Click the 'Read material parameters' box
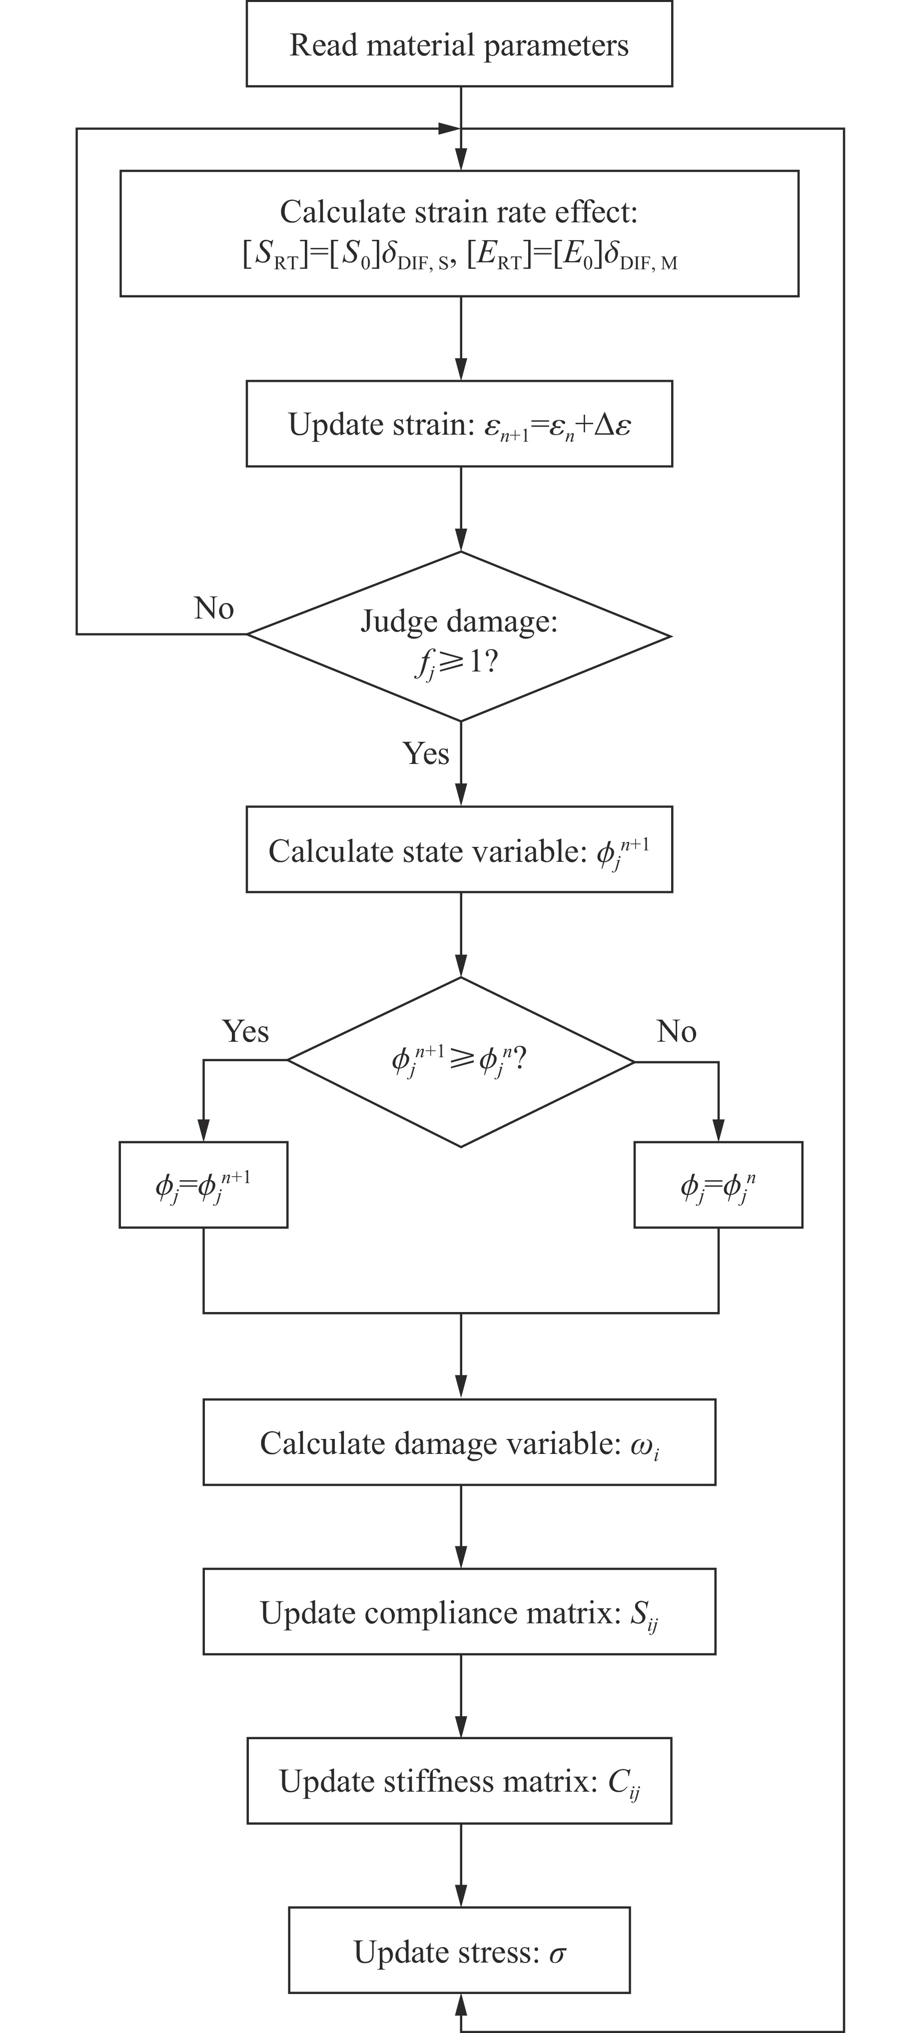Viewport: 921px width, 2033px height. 459,44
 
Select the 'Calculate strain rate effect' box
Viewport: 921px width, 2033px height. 459,234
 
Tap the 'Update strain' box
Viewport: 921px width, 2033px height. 459,424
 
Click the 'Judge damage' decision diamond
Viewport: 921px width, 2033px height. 459,636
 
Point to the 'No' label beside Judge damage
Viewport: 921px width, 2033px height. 214,609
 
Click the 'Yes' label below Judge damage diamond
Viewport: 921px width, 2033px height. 426,753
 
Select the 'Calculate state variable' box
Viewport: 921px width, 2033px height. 459,850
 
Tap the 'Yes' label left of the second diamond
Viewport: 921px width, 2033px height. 245,1032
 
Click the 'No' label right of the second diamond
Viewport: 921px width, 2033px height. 676,1032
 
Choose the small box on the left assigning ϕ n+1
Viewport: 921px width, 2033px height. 203,1185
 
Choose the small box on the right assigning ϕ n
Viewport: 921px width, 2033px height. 718,1185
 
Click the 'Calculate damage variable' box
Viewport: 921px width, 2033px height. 459,1442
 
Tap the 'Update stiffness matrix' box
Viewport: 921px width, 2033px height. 459,1781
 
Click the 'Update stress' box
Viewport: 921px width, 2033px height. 459,1951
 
